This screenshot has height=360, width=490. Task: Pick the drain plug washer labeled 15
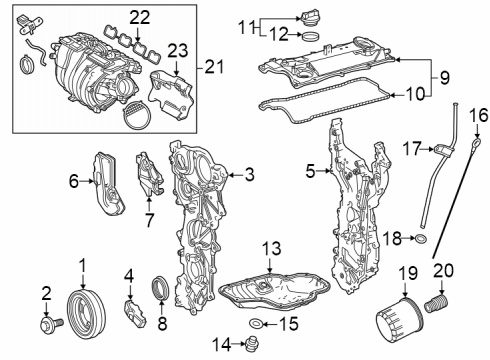click(x=258, y=323)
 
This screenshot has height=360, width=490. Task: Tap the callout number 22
click(x=139, y=18)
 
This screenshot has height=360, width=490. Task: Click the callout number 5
click(x=312, y=172)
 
